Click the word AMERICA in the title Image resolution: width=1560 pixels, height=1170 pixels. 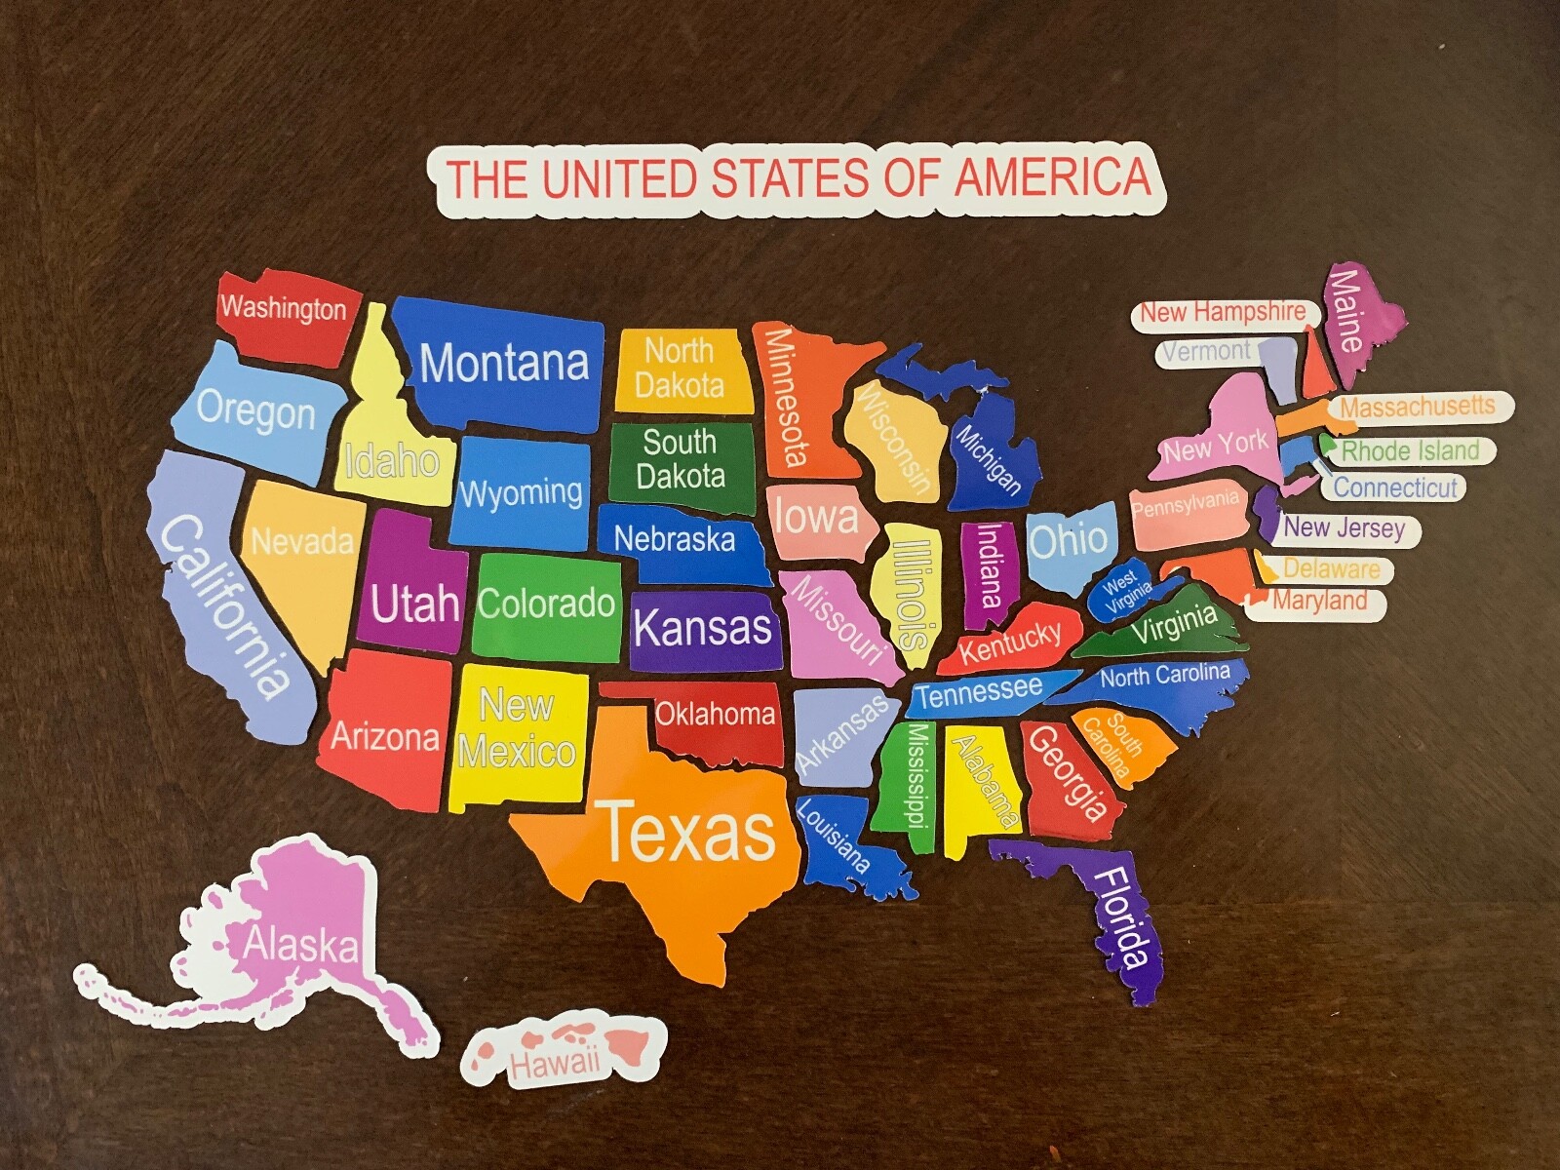(1053, 177)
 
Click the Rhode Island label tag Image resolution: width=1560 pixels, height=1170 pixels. (1410, 450)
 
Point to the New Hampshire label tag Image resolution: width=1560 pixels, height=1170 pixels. (1223, 312)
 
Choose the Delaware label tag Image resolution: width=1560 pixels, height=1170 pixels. (1331, 568)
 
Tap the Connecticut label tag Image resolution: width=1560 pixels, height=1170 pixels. (1395, 487)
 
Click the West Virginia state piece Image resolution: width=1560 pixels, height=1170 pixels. (1126, 590)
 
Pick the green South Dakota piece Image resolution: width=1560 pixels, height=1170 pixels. (682, 463)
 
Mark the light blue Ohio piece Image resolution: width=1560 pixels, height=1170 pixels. (1069, 541)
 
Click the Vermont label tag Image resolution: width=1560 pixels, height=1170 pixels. (1209, 351)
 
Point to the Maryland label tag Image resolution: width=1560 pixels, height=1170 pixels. (1319, 602)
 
